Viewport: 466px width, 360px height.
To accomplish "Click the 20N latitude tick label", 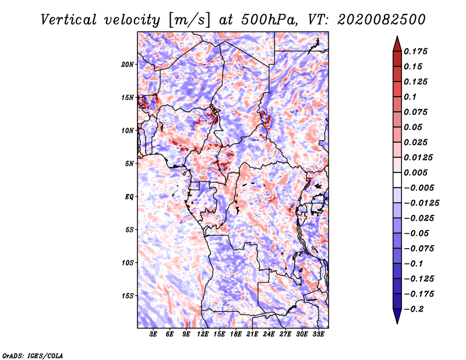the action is (x=128, y=64).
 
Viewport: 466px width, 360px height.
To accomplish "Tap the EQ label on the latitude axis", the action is (x=129, y=196).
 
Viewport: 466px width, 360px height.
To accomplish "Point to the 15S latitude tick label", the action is (x=128, y=296).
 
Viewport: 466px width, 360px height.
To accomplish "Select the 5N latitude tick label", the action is (x=129, y=164).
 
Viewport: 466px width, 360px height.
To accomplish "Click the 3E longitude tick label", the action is (x=153, y=334).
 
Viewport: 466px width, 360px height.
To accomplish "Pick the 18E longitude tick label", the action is (x=236, y=334).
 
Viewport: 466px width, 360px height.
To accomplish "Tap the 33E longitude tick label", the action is (x=318, y=334).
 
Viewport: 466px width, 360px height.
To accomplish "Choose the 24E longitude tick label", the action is (x=269, y=334).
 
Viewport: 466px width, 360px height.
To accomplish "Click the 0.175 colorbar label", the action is (x=415, y=51).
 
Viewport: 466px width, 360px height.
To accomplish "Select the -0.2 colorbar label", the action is (x=414, y=309).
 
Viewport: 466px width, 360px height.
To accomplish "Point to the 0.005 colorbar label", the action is (x=415, y=172).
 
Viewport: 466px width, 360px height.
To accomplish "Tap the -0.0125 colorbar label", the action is (x=421, y=203).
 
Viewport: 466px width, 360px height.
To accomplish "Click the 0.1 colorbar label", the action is (x=410, y=97).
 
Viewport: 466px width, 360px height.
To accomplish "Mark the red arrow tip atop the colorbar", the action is (x=397, y=36).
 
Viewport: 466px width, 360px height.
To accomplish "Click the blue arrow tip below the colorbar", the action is (x=397, y=323).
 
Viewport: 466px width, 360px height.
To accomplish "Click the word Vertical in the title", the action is (x=69, y=20).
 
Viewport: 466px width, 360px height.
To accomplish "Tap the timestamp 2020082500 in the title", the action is (x=382, y=20).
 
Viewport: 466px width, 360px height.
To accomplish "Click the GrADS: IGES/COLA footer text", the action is (x=33, y=355).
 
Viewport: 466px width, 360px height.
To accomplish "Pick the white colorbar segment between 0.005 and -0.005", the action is (x=397, y=180).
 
